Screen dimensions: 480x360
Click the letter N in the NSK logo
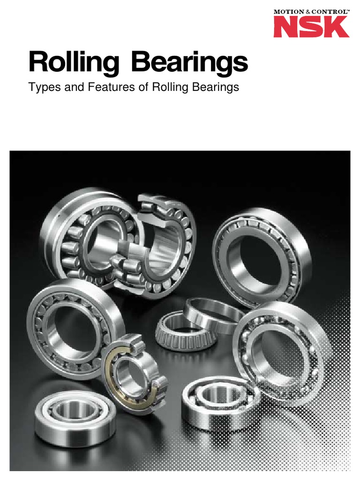point(285,27)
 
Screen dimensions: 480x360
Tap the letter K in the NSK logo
point(336,27)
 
